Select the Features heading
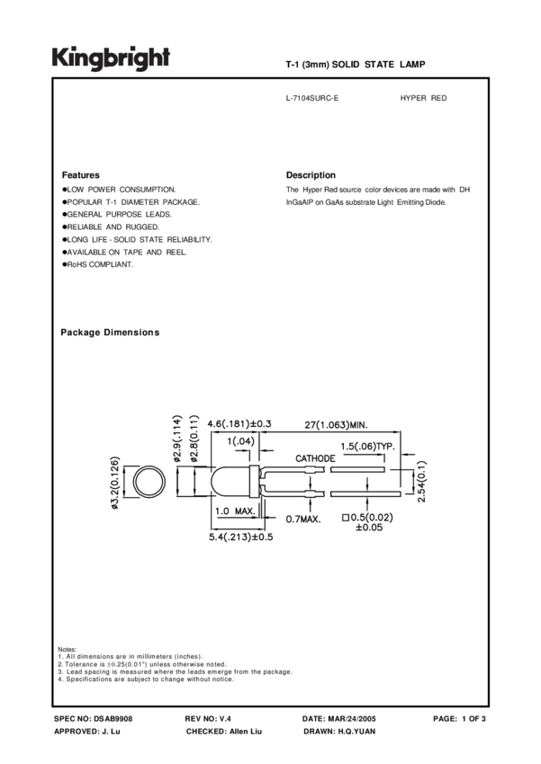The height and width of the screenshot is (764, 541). (80, 174)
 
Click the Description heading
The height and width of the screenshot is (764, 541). (311, 174)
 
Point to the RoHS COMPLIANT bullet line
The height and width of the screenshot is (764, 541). (97, 264)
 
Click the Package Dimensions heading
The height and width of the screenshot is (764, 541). (110, 333)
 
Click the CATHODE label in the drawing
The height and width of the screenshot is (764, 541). (315, 458)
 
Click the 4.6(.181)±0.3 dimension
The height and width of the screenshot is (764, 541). (239, 424)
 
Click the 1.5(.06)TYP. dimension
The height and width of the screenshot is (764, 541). (373, 447)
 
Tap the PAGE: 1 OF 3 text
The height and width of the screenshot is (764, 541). (459, 719)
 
